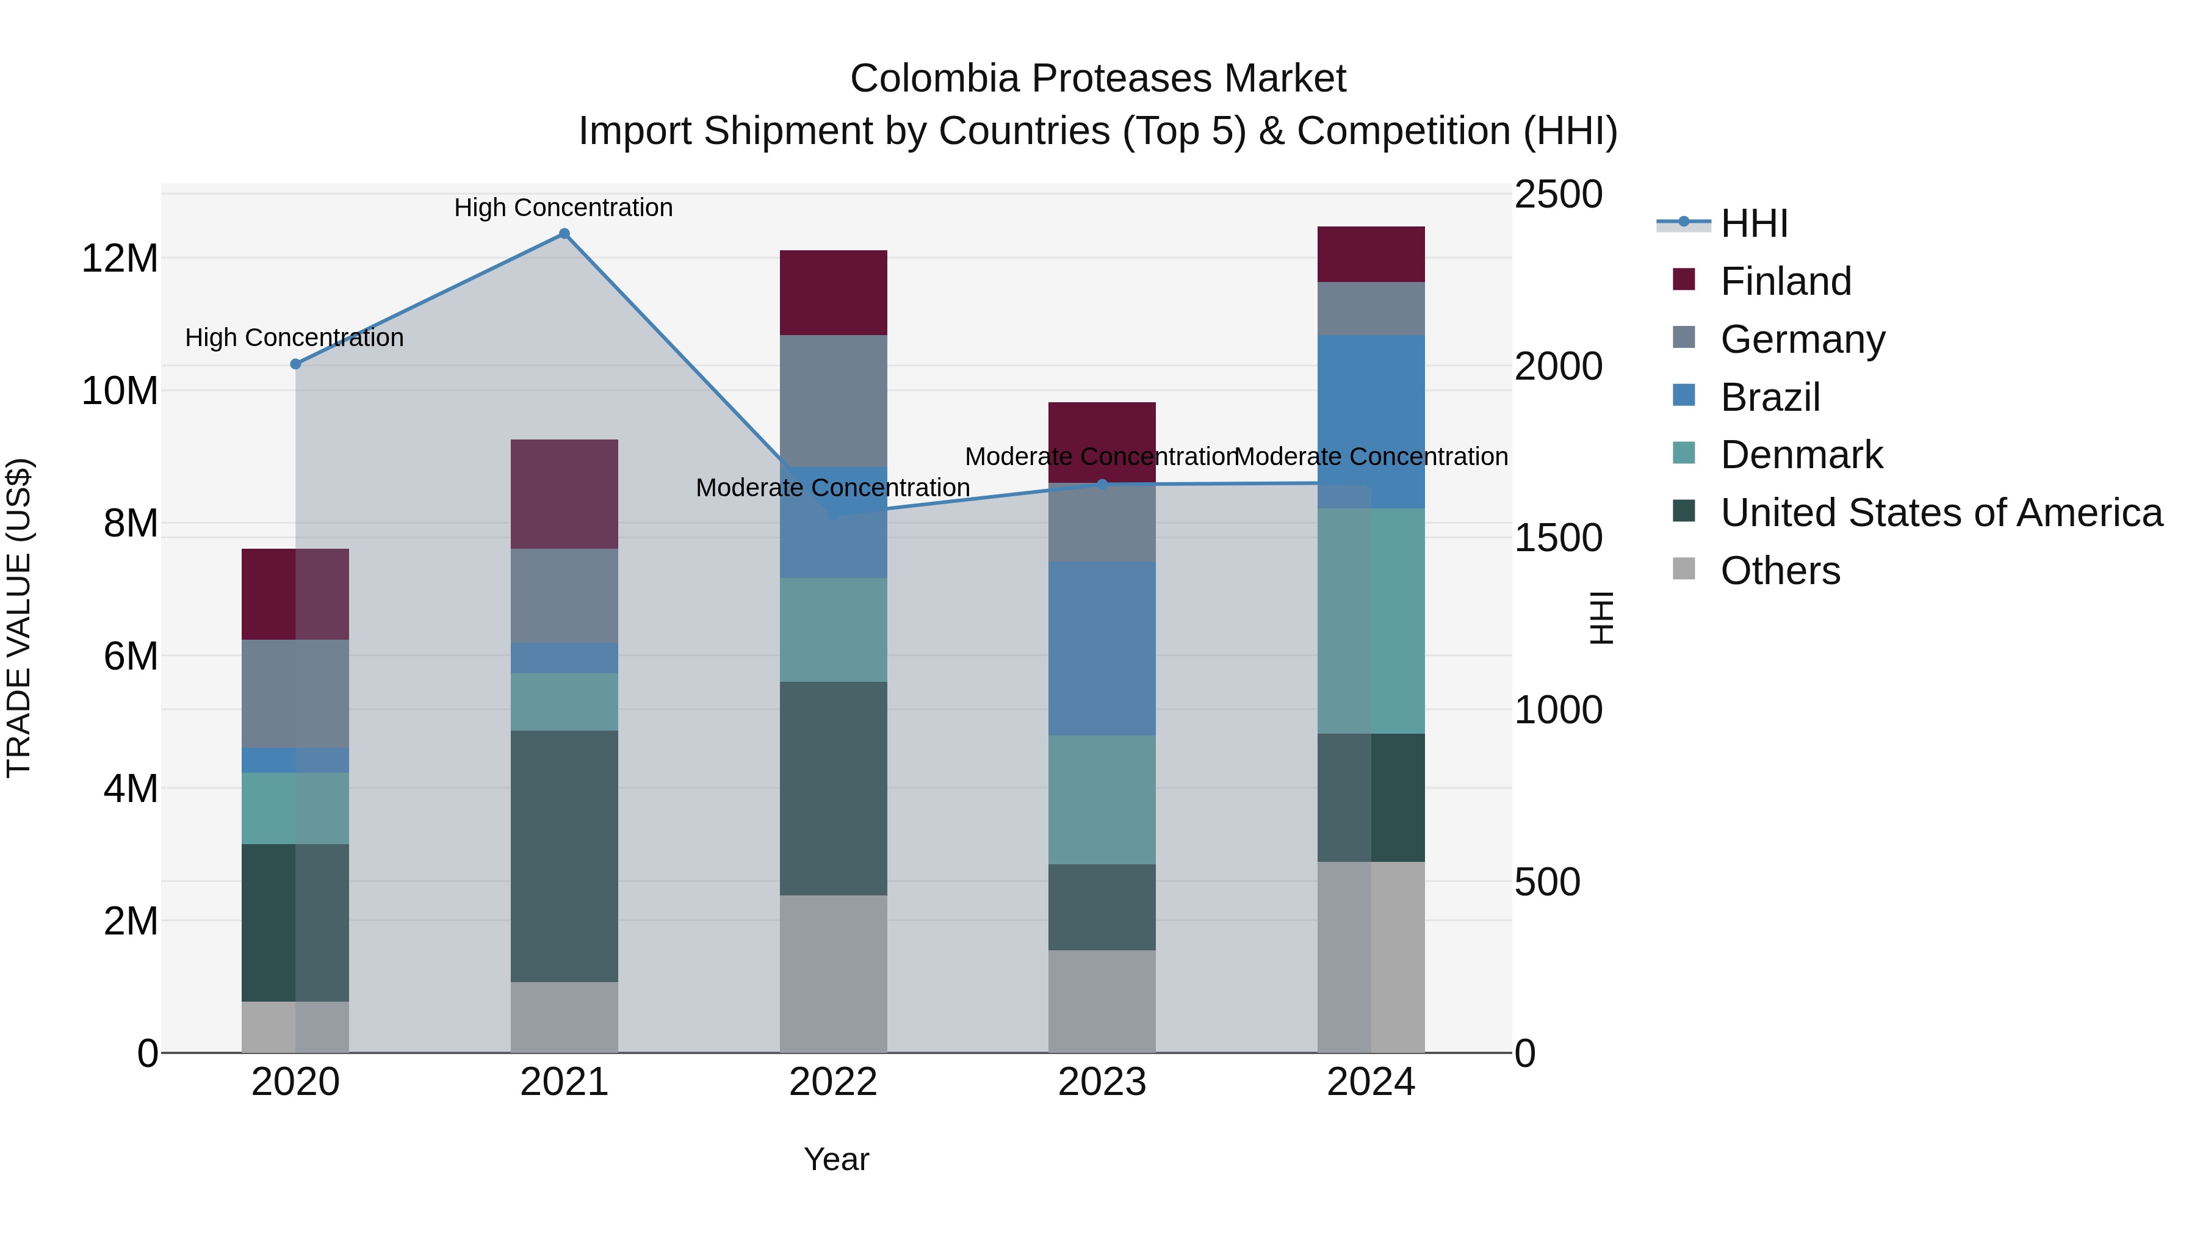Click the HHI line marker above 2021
(564, 234)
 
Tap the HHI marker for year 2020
(296, 364)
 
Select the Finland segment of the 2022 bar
(833, 292)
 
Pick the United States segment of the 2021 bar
(564, 856)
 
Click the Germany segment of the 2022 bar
(833, 401)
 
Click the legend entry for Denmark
(1802, 455)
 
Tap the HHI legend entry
(1753, 223)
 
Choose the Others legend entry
(1780, 571)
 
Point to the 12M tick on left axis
(120, 258)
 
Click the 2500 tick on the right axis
(1557, 195)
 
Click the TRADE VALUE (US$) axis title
(19, 618)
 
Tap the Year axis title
(836, 1159)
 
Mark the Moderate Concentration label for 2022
(832, 488)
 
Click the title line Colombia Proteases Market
(1098, 79)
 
